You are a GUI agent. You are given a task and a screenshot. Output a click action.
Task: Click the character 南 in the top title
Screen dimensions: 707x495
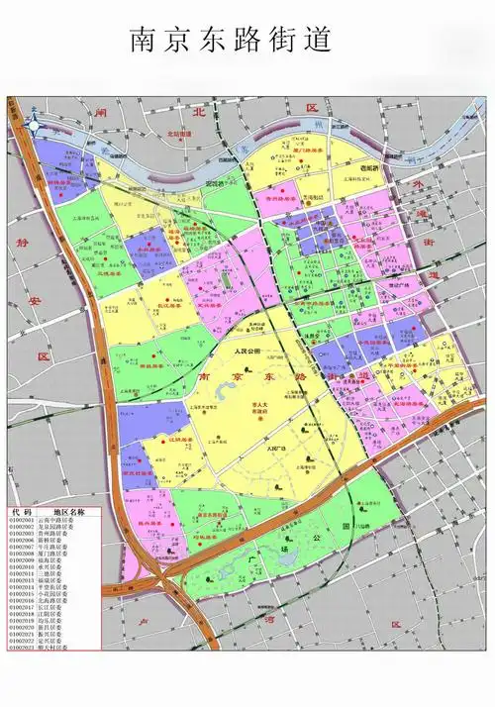coord(144,41)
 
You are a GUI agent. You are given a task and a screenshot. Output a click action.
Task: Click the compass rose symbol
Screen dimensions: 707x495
coord(35,124)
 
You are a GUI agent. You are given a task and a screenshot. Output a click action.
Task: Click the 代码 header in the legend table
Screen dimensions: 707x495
coord(22,512)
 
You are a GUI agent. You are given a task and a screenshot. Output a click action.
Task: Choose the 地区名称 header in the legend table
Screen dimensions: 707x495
coord(70,512)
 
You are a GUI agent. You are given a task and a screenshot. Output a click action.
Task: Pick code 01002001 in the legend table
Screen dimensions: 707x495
coord(22,519)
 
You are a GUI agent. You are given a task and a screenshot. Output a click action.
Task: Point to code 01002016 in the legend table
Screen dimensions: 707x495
coord(22,600)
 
